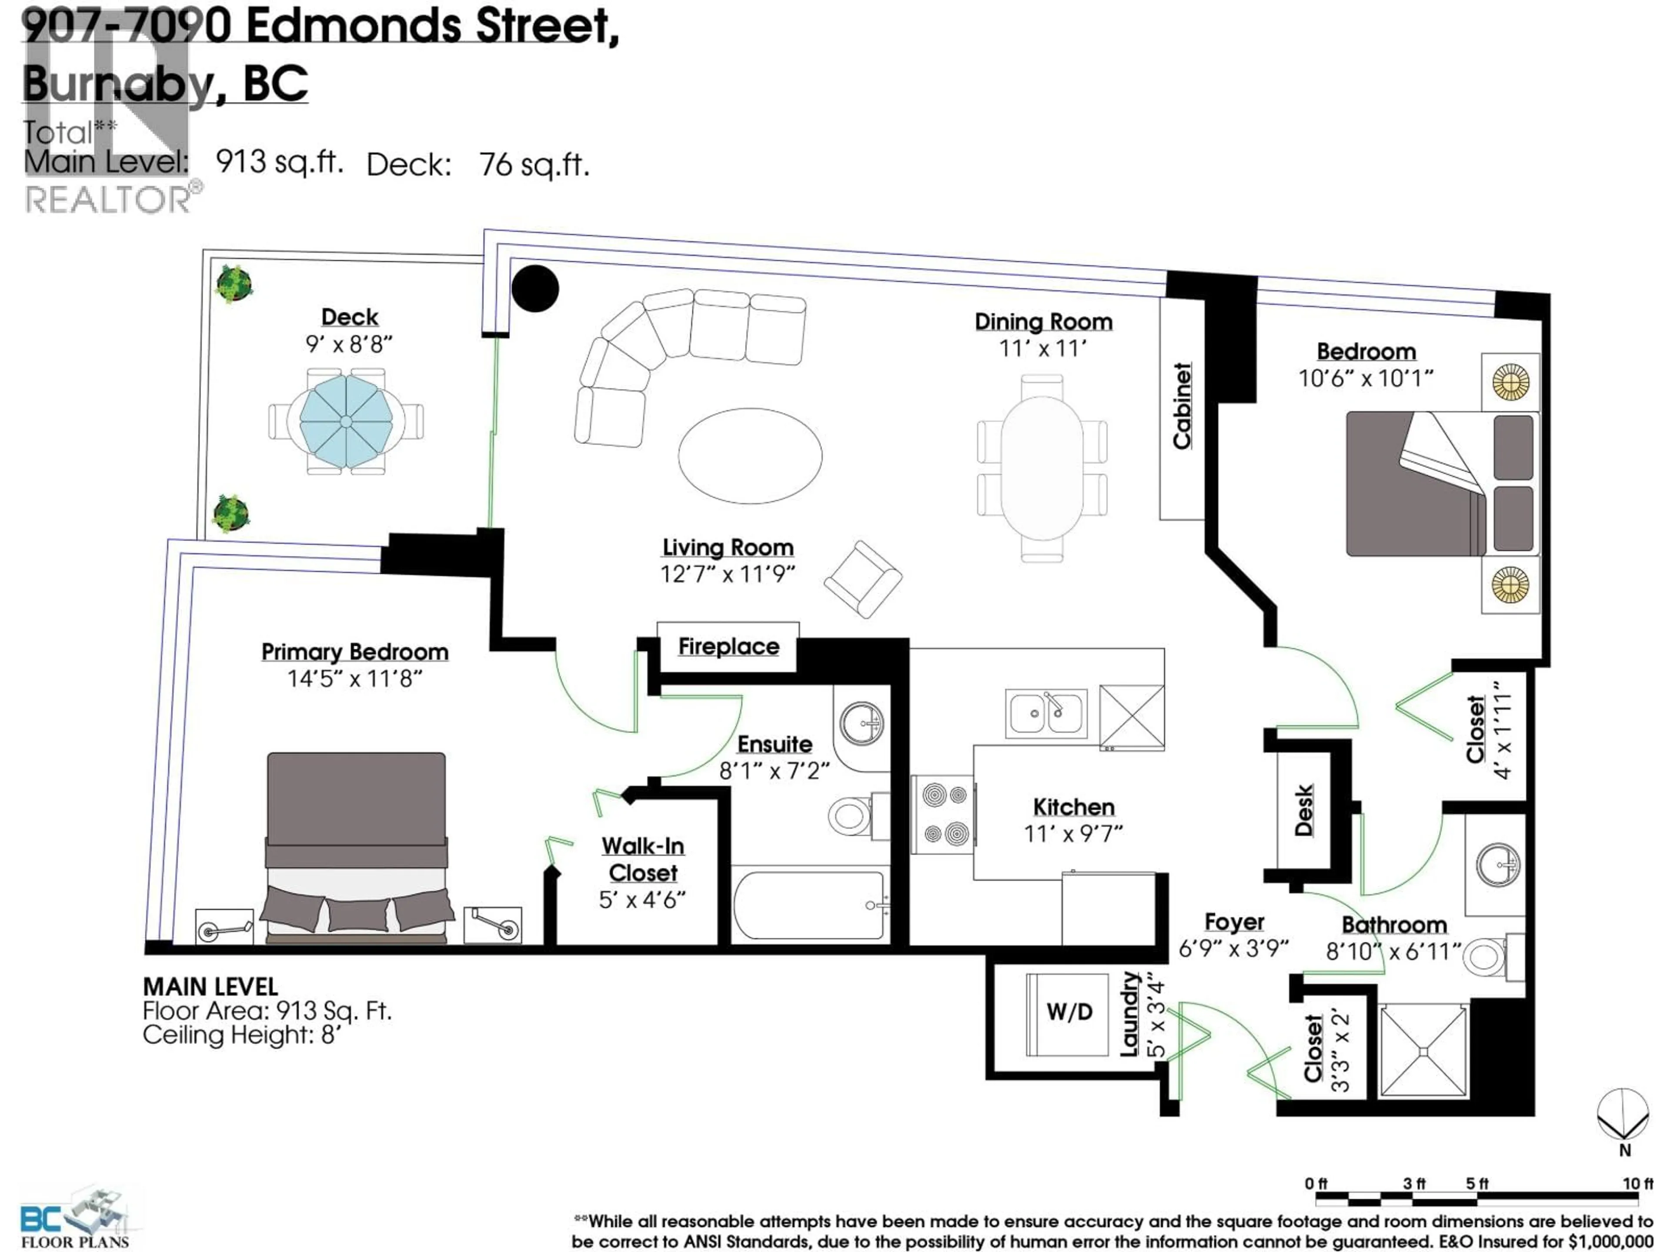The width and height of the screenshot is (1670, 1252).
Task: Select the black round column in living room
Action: pos(535,288)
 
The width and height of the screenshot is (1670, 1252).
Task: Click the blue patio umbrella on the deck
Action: pos(346,421)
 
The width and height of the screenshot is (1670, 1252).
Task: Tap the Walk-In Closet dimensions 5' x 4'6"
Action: pos(642,899)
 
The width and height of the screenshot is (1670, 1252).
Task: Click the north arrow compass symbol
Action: pos(1623,1116)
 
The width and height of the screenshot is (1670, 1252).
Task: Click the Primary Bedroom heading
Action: pos(355,652)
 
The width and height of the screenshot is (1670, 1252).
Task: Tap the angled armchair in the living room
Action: pos(863,579)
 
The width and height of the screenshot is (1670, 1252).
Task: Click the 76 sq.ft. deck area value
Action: pos(534,164)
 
